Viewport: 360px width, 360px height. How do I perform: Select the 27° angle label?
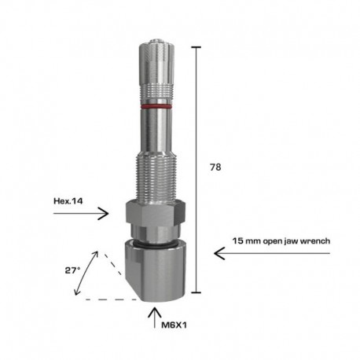point(72,269)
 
